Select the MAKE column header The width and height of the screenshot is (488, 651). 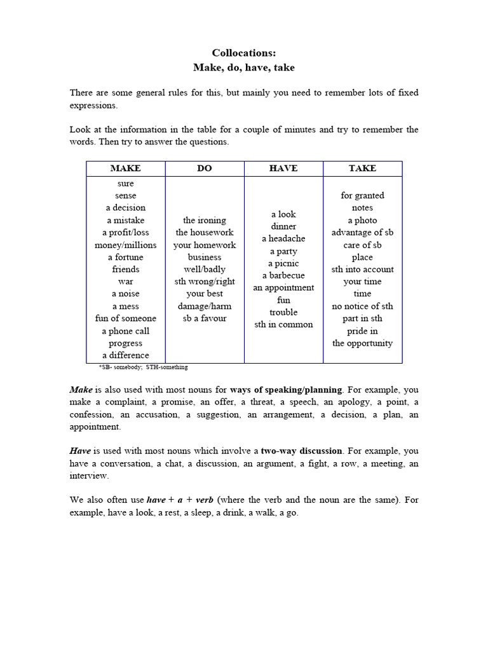[126, 168]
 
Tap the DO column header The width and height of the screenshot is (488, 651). [205, 168]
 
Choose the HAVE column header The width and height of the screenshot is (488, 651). [283, 168]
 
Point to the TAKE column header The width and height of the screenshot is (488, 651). [362, 168]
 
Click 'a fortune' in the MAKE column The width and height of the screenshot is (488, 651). [126, 257]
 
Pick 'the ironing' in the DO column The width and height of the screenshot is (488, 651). [205, 221]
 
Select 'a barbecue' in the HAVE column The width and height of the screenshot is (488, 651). [283, 276]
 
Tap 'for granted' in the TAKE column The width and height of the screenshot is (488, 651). [362, 196]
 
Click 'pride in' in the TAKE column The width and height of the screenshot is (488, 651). [362, 331]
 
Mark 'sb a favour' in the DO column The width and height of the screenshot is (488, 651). [205, 319]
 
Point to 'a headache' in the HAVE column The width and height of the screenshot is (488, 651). [283, 239]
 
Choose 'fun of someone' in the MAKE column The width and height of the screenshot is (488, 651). [126, 319]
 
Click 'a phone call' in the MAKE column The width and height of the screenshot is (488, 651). [126, 331]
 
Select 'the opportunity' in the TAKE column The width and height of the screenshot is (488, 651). [362, 343]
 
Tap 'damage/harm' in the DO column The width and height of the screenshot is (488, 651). [205, 306]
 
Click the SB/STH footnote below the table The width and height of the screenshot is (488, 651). [143, 367]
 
